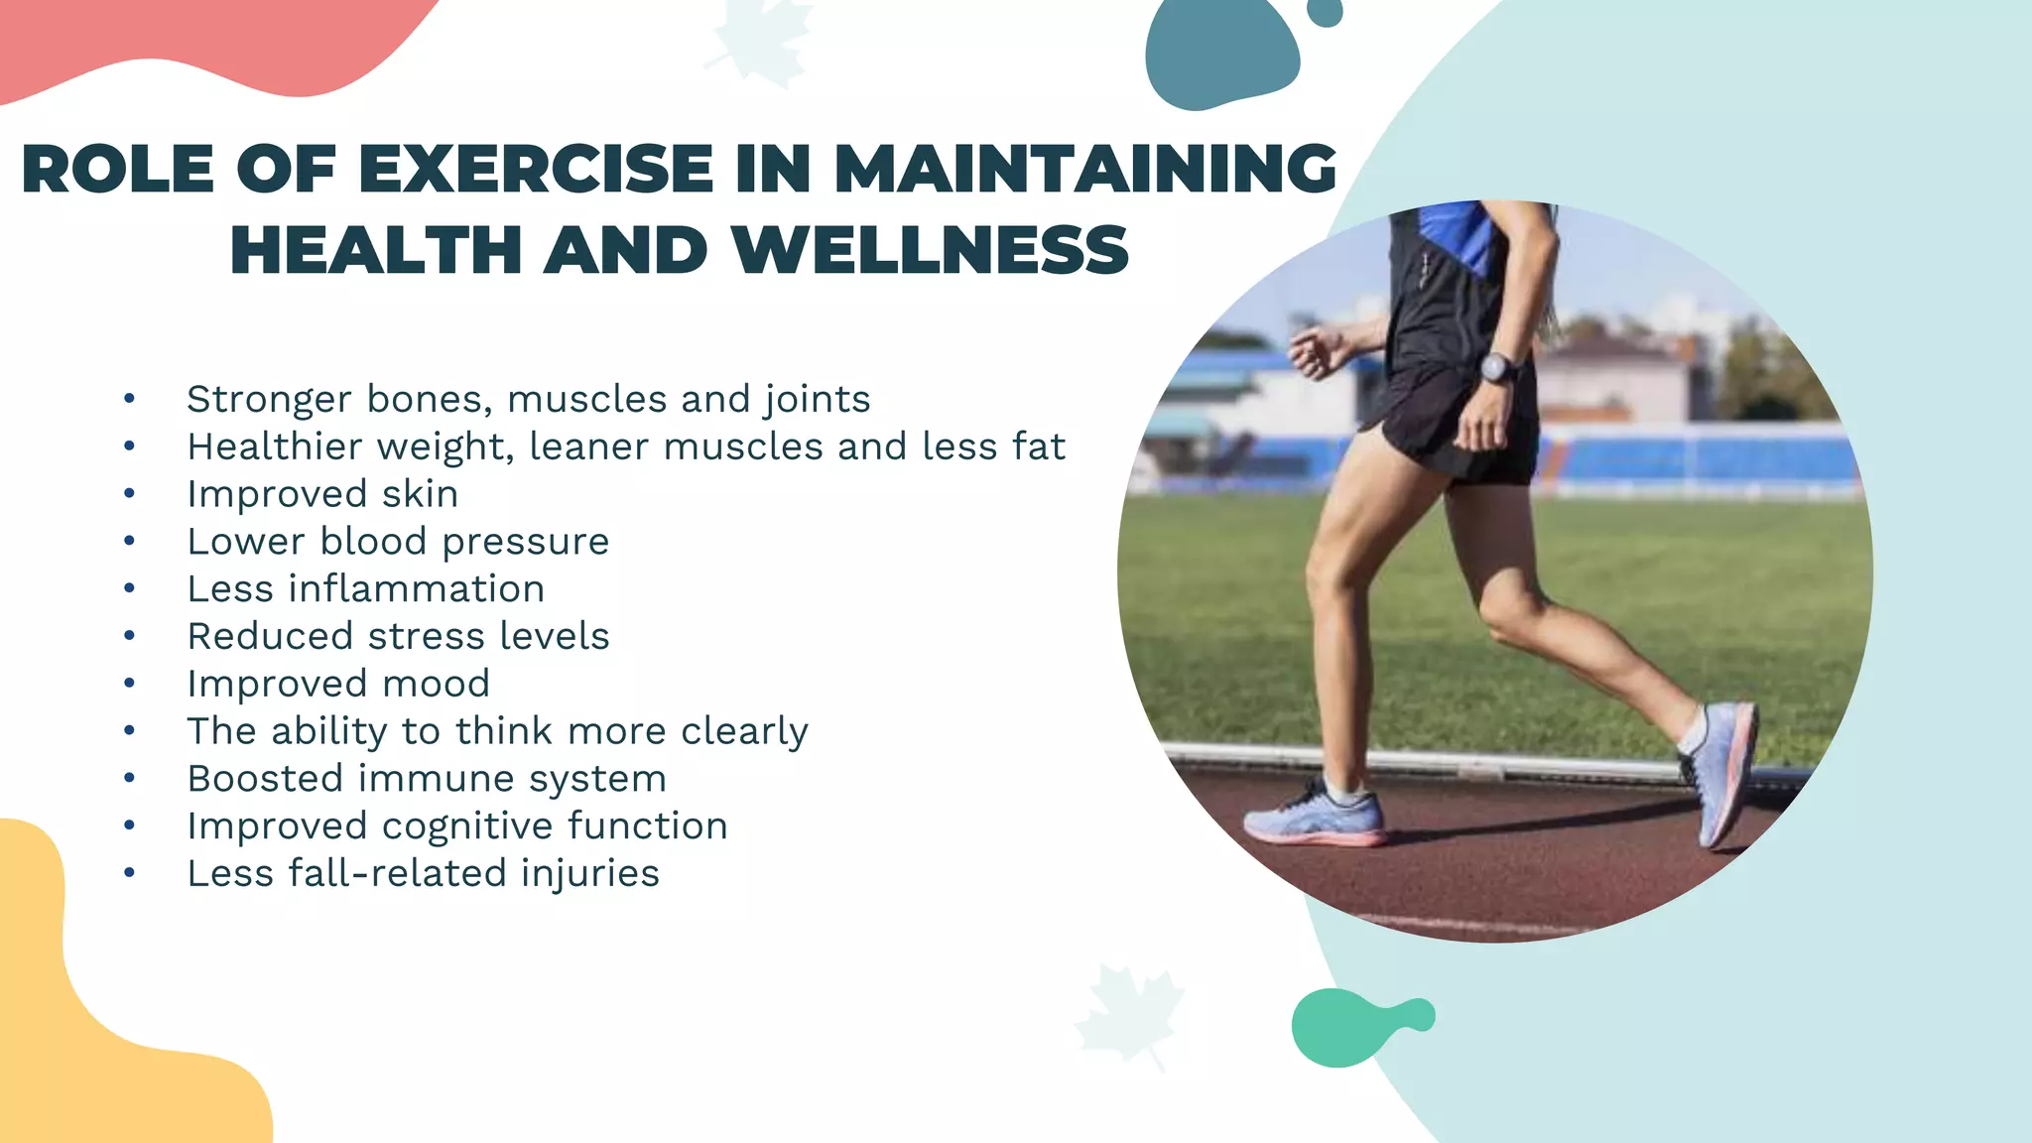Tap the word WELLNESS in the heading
click(x=930, y=250)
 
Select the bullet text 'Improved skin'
click(x=322, y=494)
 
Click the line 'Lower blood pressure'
click(x=398, y=542)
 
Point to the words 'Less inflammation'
click(x=365, y=589)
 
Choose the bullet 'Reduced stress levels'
click(x=398, y=636)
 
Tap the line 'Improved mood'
click(x=338, y=684)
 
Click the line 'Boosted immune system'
click(x=427, y=779)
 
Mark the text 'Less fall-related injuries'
click(x=423, y=874)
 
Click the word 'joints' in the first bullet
click(x=817, y=400)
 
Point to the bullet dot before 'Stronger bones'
click(x=129, y=400)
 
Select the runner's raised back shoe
click(x=1721, y=769)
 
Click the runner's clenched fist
click(x=1313, y=353)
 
